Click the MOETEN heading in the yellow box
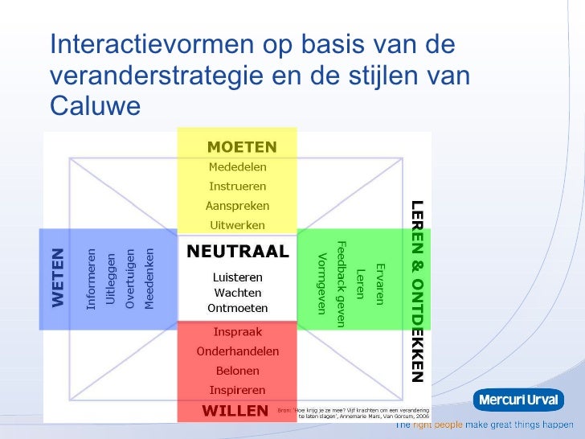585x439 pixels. point(242,147)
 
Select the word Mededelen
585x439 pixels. point(238,167)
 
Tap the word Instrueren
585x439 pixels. point(238,186)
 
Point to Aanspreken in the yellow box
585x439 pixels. point(238,206)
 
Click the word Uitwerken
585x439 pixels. point(238,225)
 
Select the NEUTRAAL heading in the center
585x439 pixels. point(237,252)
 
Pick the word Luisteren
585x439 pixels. point(237,277)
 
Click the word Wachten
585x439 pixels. point(237,293)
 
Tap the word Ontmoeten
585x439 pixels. point(237,309)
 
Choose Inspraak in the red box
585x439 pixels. point(238,331)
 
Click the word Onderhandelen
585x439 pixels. point(238,351)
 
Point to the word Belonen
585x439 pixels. point(238,371)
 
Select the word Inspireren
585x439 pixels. point(238,390)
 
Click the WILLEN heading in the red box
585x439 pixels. point(235,411)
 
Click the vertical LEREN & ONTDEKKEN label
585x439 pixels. point(416,290)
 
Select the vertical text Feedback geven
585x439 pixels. point(341,284)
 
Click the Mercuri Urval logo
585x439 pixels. point(517,400)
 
